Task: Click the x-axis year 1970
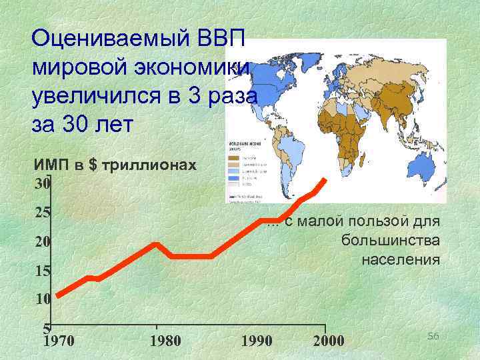pos(58,341)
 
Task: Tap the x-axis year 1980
pos(165,341)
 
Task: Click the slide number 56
pos(433,337)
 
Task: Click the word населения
pos(401,259)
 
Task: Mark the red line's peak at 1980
pos(156,243)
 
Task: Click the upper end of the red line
pos(325,179)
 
